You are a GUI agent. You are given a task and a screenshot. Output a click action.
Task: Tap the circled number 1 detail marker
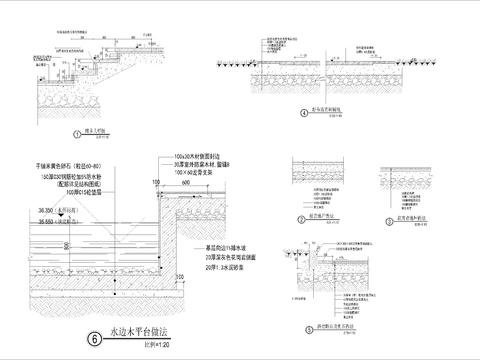[76, 132]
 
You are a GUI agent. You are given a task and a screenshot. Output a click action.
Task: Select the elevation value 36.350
[43, 210]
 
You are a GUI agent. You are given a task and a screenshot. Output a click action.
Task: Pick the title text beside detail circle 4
[326, 110]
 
